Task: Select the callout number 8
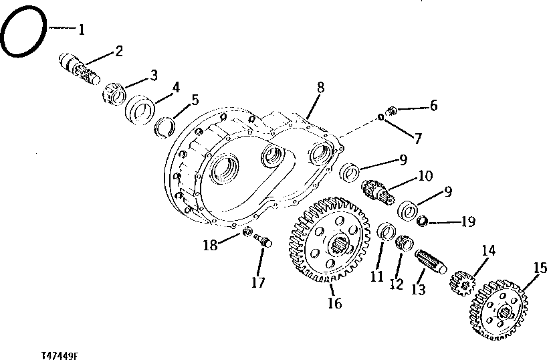pos(321,87)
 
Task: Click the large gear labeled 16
pos(331,239)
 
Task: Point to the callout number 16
pos(334,303)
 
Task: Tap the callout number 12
pos(397,284)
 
